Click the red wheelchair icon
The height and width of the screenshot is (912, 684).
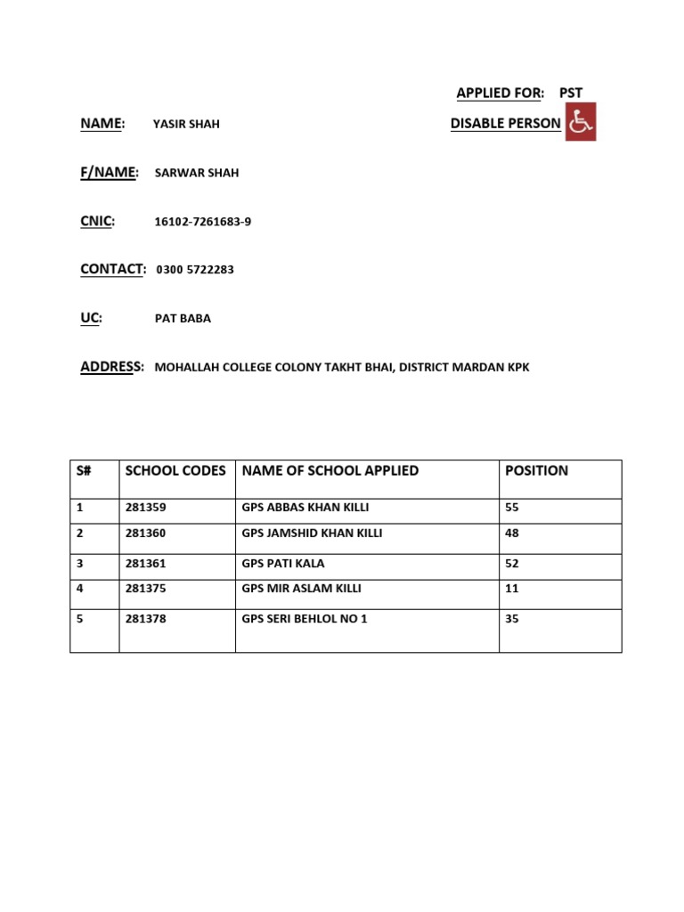tap(581, 122)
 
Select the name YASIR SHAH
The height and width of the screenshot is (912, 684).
tap(186, 125)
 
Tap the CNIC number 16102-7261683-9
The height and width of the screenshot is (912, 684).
tap(203, 222)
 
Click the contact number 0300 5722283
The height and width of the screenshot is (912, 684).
tap(195, 270)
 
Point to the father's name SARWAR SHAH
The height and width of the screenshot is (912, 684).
tap(197, 173)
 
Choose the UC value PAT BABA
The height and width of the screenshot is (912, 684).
tap(183, 318)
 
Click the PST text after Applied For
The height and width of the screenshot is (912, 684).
tap(571, 93)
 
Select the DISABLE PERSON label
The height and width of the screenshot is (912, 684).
tap(505, 124)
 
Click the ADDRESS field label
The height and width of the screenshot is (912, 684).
tap(111, 366)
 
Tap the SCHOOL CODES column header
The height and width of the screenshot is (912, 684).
tap(175, 470)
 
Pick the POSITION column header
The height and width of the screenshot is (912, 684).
tap(536, 470)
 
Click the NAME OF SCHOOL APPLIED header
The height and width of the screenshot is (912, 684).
tap(330, 470)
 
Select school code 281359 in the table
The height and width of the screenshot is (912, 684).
tap(145, 508)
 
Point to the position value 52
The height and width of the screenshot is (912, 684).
tap(512, 564)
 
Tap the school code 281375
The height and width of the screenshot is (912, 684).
tap(145, 589)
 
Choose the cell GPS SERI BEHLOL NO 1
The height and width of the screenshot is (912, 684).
tap(305, 619)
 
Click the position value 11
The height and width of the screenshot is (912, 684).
tap(511, 589)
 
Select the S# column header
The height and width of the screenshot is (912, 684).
tap(84, 470)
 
